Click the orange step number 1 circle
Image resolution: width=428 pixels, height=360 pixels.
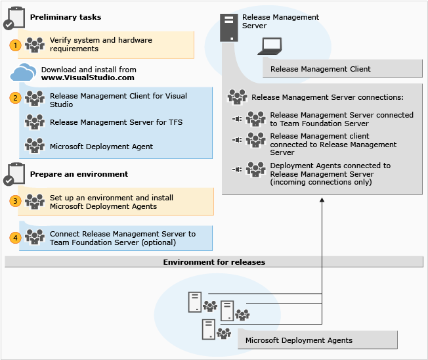[15, 45]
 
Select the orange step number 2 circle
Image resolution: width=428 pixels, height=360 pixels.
[15, 98]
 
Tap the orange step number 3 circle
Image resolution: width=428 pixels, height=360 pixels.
[15, 201]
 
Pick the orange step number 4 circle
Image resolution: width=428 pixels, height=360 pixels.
[15, 237]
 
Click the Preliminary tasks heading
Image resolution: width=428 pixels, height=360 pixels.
[66, 17]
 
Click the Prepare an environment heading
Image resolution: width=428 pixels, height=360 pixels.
[79, 174]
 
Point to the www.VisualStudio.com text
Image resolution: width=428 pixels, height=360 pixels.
[87, 78]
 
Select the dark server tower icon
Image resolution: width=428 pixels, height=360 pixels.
[228, 27]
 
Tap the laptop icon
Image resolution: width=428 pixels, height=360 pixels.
[269, 45]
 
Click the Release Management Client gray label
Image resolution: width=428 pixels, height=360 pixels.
[320, 68]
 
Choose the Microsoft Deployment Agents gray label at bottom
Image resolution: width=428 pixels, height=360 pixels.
[299, 340]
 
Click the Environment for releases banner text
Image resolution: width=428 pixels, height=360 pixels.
[214, 262]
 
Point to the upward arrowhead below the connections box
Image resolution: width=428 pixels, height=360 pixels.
[322, 200]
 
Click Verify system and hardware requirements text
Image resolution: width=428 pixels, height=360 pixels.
[100, 44]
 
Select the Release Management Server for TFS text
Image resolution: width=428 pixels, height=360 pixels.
[116, 122]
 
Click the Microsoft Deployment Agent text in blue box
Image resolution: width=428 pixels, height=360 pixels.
[101, 146]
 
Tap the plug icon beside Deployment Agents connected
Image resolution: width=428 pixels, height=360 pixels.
[236, 169]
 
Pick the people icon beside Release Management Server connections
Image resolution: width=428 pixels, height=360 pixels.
[237, 97]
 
